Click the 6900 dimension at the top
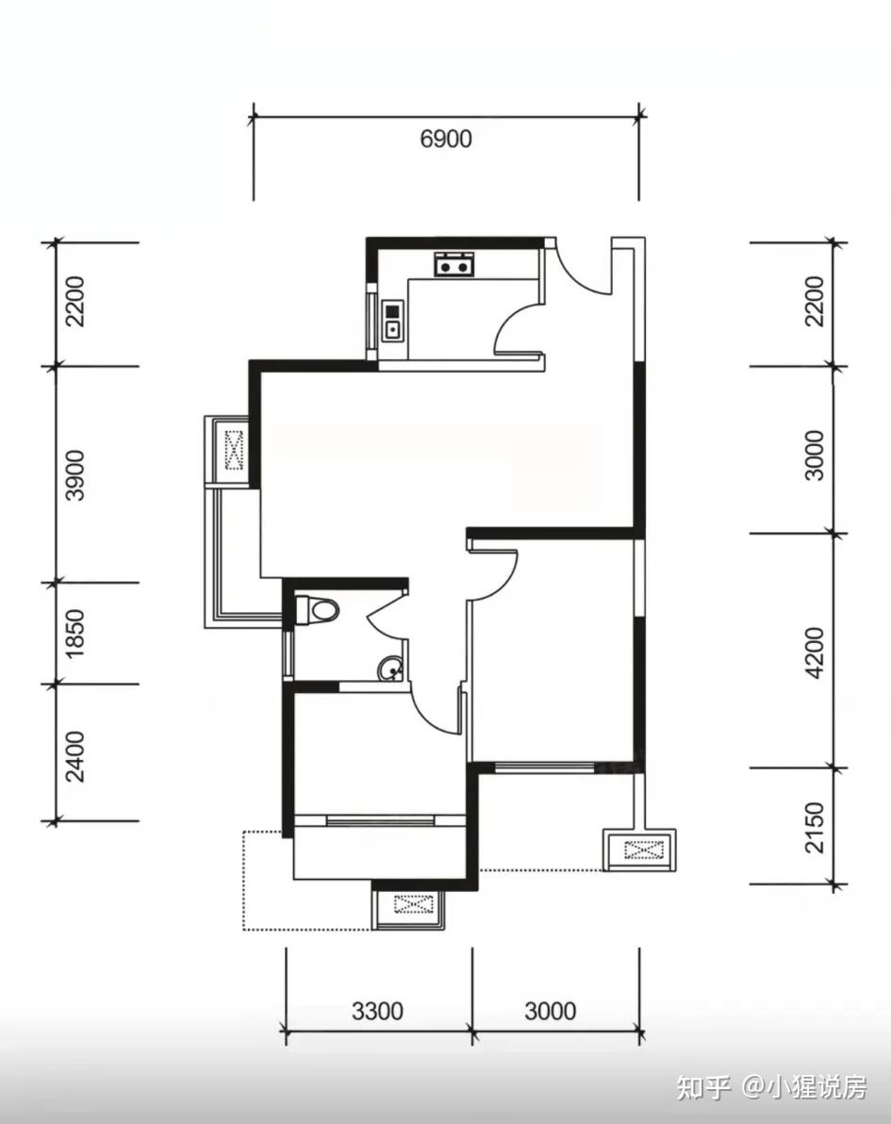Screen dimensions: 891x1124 point(446,139)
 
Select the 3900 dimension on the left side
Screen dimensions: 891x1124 point(74,474)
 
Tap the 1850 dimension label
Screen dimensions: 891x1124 point(74,634)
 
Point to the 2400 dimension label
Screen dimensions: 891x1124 point(74,756)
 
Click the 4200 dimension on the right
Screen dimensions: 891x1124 point(815,653)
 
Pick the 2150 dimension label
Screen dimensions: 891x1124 point(815,827)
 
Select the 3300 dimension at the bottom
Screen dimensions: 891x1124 point(377,1011)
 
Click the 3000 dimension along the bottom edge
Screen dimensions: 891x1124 point(550,1011)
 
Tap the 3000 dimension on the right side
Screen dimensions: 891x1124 point(815,455)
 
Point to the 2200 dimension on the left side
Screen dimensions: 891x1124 point(74,301)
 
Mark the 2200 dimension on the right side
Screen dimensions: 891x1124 point(815,301)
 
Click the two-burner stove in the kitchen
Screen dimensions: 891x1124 point(454,264)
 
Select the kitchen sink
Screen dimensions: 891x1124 point(392,321)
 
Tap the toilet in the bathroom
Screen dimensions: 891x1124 point(316,610)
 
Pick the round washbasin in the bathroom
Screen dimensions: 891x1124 point(390,669)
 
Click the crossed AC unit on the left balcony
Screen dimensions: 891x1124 point(234,450)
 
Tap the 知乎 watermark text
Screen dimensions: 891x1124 point(702,1087)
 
